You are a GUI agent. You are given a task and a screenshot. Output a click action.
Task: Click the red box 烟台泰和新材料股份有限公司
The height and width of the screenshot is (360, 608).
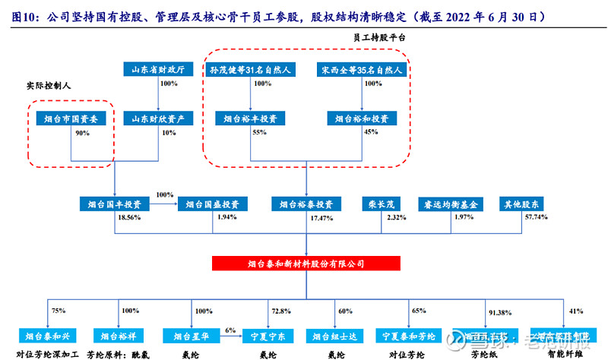pyautogui.click(x=306, y=264)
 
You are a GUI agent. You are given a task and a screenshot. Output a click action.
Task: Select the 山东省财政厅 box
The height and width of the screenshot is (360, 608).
pyautogui.click(x=159, y=69)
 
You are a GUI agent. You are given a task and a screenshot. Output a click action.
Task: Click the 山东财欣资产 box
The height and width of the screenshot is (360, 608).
pyautogui.click(x=159, y=118)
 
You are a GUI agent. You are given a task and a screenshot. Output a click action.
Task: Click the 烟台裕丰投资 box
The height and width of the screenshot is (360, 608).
pyautogui.click(x=252, y=118)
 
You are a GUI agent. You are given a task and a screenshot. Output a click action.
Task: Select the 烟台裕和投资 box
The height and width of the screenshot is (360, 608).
pyautogui.click(x=362, y=118)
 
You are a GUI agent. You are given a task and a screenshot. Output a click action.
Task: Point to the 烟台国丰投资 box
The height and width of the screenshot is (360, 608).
pyautogui.click(x=114, y=204)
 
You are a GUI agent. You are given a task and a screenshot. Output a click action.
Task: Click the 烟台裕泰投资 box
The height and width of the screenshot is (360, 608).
pyautogui.click(x=306, y=204)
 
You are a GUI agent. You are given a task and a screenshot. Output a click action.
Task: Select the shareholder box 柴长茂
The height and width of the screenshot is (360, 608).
pyautogui.click(x=380, y=204)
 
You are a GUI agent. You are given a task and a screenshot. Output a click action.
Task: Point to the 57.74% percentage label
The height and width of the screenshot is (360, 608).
pyautogui.click(x=536, y=218)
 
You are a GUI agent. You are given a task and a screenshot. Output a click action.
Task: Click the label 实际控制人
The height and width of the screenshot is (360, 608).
pyautogui.click(x=48, y=85)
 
